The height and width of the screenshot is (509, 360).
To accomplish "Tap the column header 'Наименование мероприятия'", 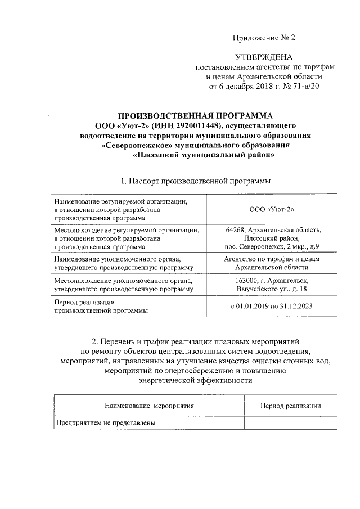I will pos(149,405).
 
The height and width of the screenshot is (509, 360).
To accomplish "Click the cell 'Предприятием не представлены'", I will pos(105,422).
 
